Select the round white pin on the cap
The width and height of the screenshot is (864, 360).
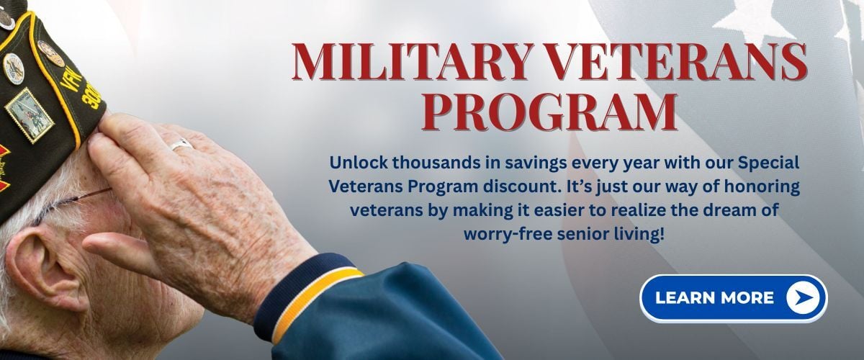click(14, 68)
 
